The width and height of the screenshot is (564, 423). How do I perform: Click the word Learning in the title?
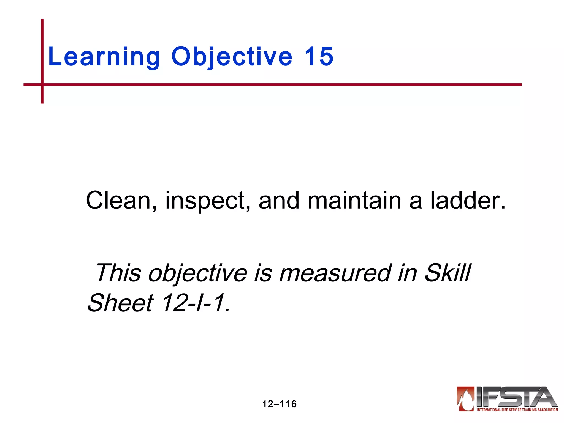pos(104,57)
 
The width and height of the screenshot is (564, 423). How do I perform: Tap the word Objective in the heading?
pos(232,57)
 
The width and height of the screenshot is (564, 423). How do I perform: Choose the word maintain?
pos(354,200)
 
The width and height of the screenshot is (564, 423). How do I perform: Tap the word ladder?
pos(468,200)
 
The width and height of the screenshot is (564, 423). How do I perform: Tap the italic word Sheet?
pos(120,303)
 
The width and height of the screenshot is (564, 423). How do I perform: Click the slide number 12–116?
pos(279,404)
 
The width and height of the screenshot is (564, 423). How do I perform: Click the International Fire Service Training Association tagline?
pos(517,410)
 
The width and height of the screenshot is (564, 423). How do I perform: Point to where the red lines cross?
pos(42,85)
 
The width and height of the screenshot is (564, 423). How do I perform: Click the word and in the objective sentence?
pos(279,200)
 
